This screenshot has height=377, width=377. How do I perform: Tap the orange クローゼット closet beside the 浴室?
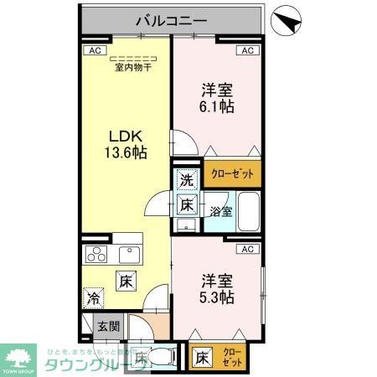coord(233,173)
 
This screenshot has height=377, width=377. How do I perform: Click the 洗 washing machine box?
coord(188,178)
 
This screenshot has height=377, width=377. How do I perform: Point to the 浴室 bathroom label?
coord(221,212)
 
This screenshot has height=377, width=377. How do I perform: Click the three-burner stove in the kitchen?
coord(95,255)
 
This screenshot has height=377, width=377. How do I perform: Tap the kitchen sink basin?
coord(130,254)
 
